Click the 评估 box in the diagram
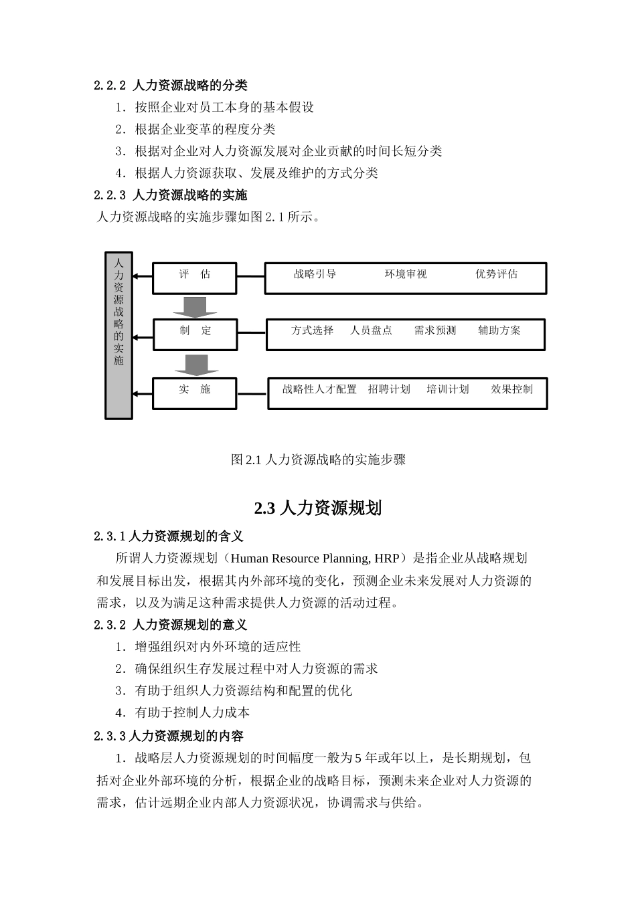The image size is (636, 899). tap(194, 278)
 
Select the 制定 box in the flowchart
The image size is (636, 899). tap(195, 334)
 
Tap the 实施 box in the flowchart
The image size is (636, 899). tap(194, 393)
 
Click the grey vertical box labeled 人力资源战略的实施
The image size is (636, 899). tap(118, 335)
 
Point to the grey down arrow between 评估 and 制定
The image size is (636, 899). tap(195, 306)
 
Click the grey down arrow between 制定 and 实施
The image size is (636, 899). tap(196, 365)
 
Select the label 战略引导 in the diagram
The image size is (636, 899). tap(315, 274)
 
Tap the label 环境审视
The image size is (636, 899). tap(405, 274)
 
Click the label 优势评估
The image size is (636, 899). tap(496, 274)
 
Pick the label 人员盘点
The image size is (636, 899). tap(371, 330)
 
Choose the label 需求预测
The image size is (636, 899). tap(434, 330)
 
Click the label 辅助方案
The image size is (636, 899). tap(499, 330)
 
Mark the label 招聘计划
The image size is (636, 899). tap(389, 389)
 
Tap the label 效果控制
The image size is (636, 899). tap(511, 389)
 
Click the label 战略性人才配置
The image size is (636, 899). tap(319, 389)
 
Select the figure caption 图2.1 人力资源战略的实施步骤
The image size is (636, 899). tap(318, 460)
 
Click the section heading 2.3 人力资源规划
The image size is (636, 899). tap(318, 508)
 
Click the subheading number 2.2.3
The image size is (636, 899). tap(110, 195)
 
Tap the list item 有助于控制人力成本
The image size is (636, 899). tap(192, 713)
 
